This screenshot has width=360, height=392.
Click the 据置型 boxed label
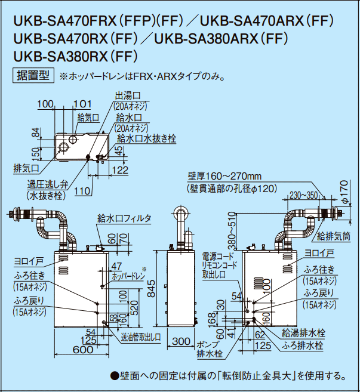pyautogui.click(x=33, y=76)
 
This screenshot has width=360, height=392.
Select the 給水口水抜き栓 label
pyautogui.click(x=146, y=138)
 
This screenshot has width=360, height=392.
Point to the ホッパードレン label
pyautogui.click(x=128, y=277)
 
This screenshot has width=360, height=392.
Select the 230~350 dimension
pyautogui.click(x=304, y=195)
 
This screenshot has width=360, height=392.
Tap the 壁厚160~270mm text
pyautogui.click(x=224, y=176)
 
